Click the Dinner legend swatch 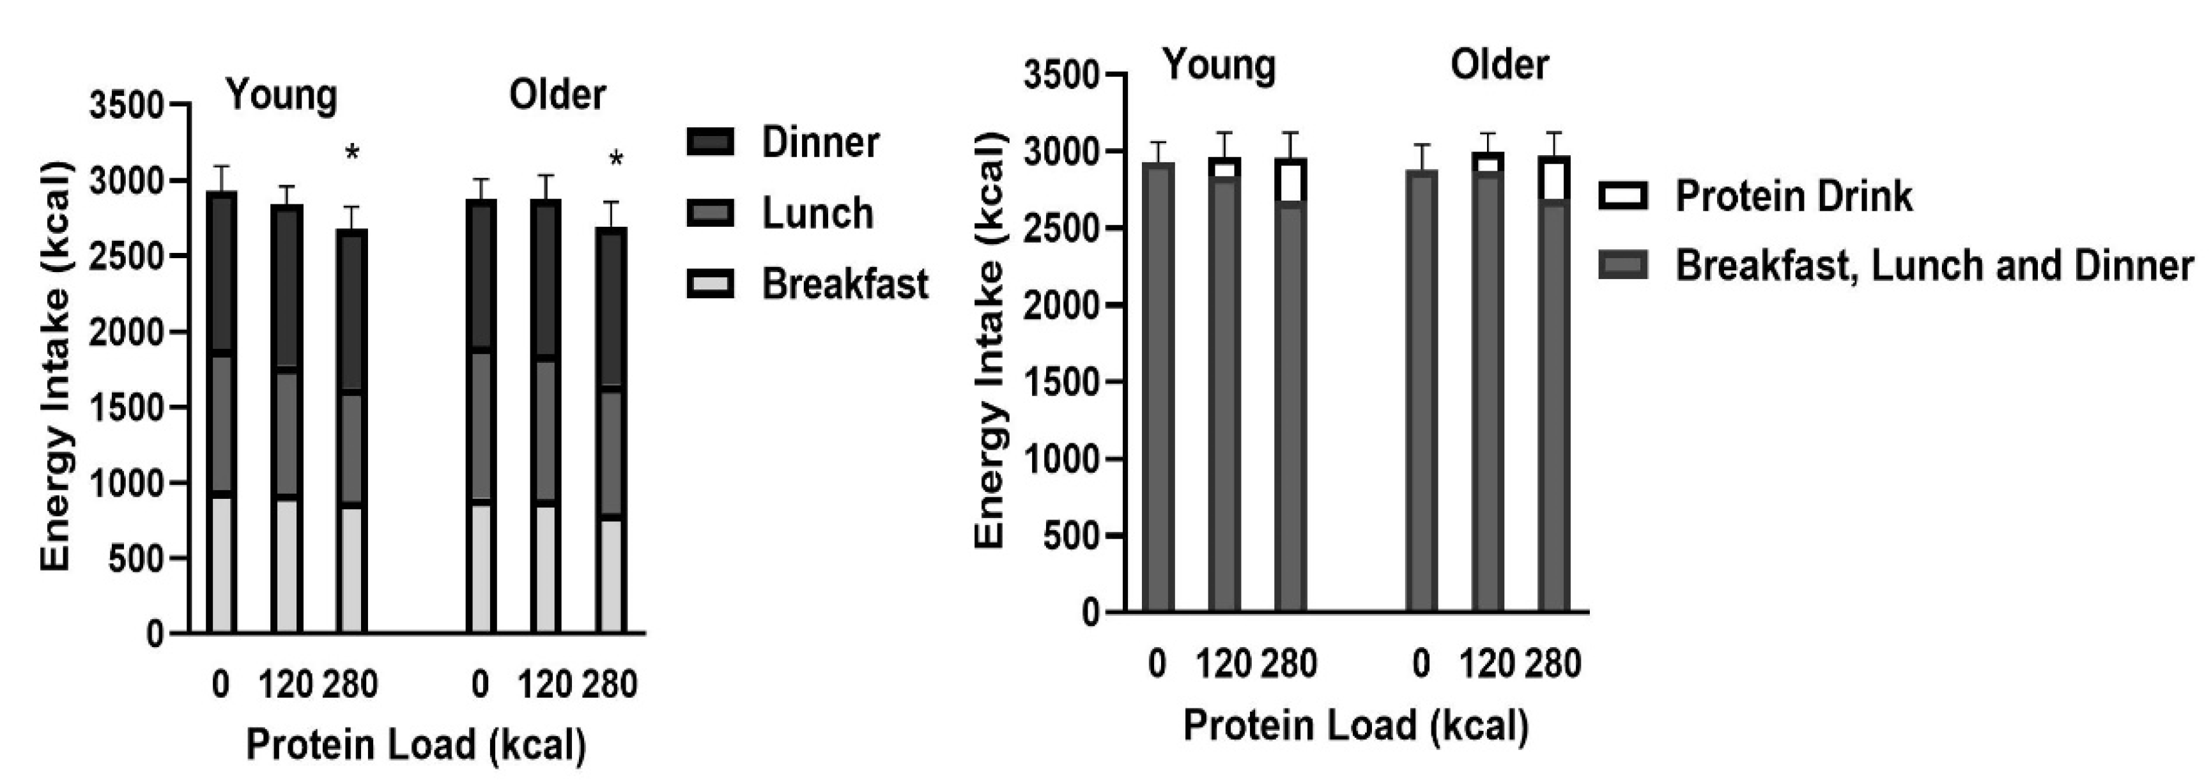[710, 142]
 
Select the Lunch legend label [817, 213]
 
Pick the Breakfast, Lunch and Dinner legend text [1934, 265]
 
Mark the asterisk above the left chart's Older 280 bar [615, 160]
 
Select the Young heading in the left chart [282, 95]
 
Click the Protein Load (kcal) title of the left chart [416, 743]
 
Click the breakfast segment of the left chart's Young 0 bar [222, 564]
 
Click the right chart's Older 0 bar [1421, 390]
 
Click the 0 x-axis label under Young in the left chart [220, 684]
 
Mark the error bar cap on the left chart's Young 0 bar [222, 167]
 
